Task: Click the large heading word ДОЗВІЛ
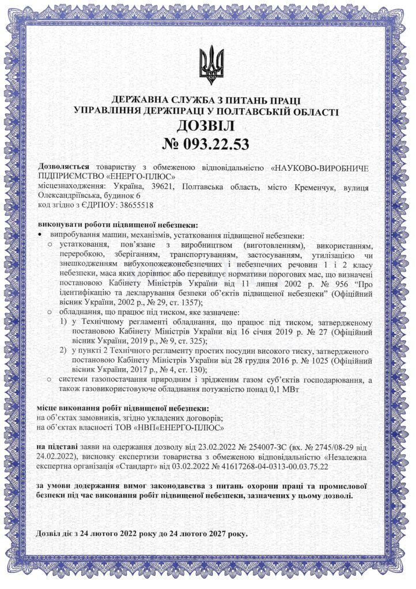click(207, 125)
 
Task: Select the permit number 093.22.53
click(217, 144)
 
